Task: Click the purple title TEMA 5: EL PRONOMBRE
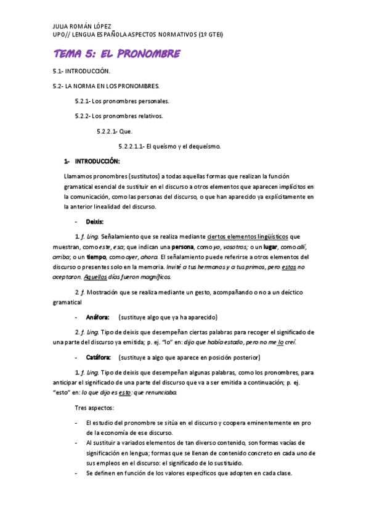(117, 54)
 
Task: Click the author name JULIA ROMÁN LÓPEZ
(82, 27)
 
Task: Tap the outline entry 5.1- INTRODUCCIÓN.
(82, 72)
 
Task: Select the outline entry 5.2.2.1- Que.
(114, 131)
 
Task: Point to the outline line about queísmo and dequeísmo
(169, 146)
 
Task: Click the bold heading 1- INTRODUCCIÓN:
(92, 162)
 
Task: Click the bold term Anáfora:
(98, 317)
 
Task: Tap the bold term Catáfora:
(99, 357)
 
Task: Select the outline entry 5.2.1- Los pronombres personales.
(121, 101)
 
